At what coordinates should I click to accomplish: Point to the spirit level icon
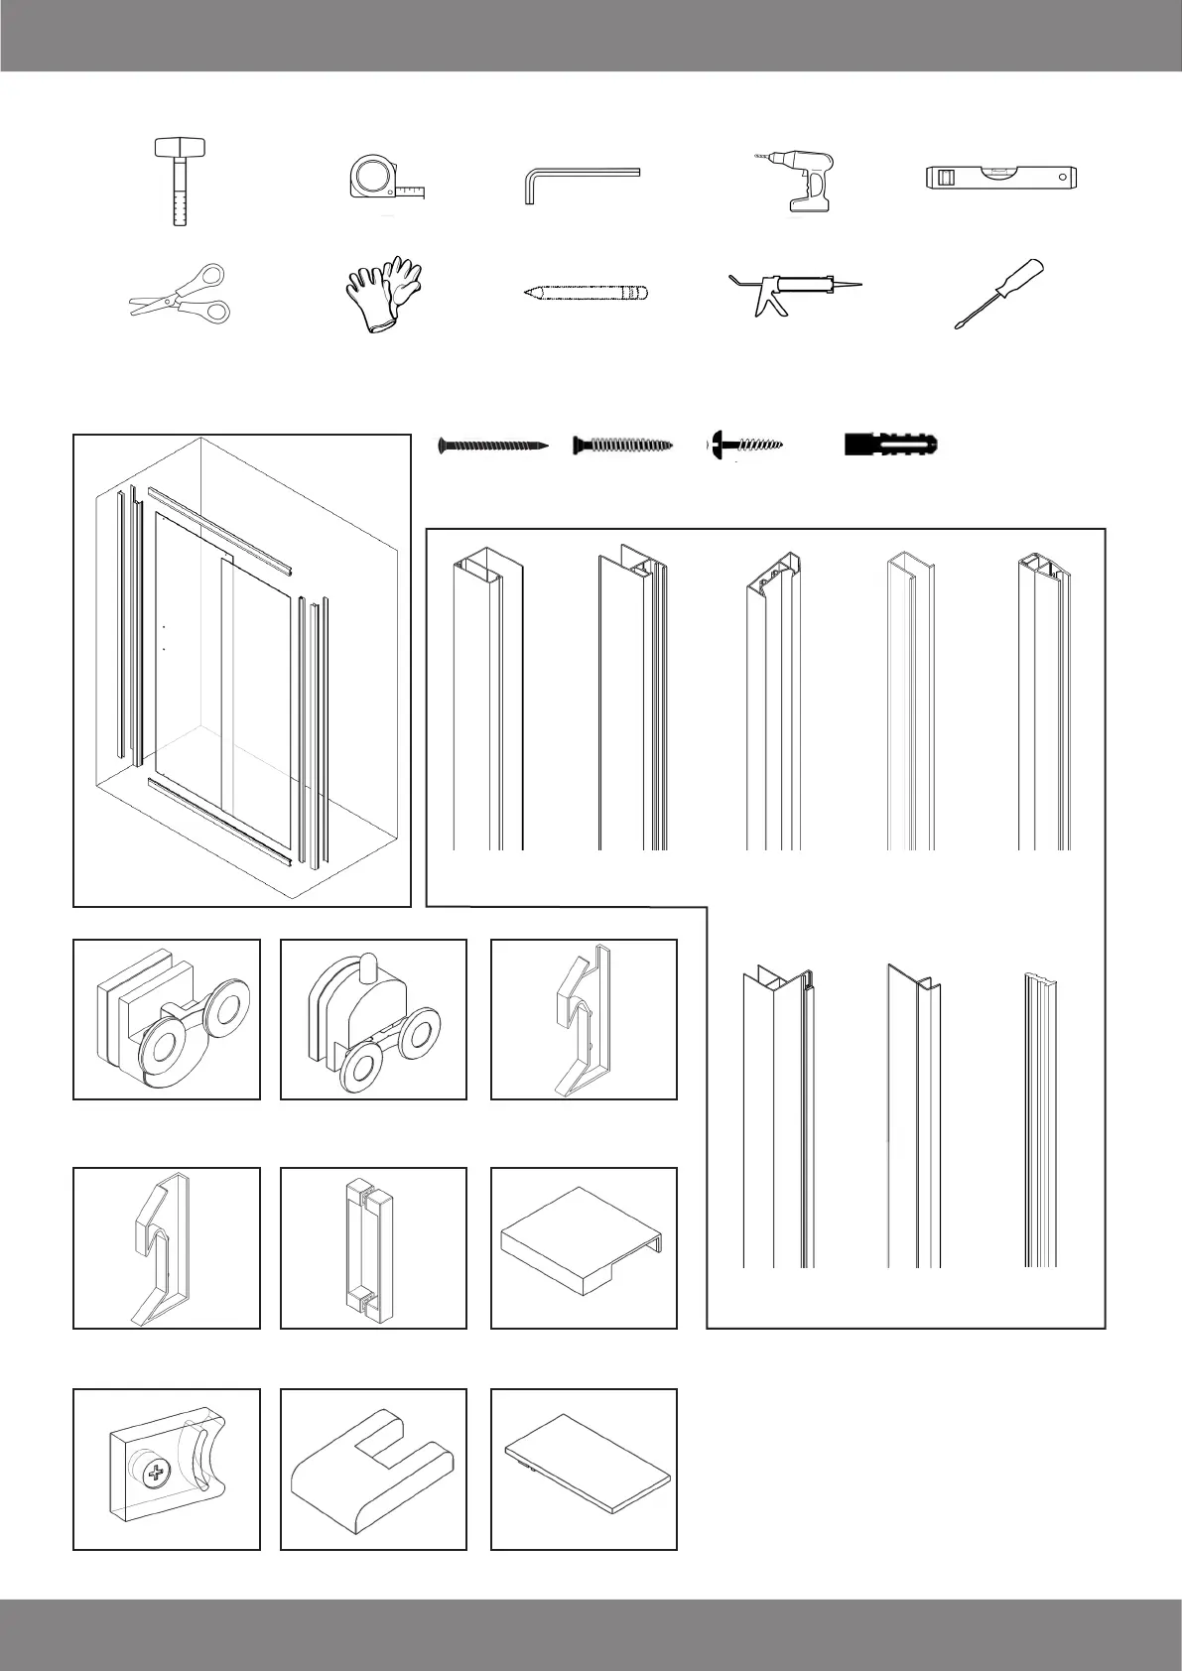(x=1000, y=179)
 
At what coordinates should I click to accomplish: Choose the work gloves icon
(x=383, y=293)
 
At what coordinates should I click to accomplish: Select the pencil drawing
(x=586, y=293)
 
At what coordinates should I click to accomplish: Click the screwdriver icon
(x=1000, y=293)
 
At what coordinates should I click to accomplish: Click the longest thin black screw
(x=493, y=446)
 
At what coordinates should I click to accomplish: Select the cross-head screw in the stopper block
(x=157, y=1474)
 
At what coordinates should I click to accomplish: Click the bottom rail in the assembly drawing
(x=219, y=820)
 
